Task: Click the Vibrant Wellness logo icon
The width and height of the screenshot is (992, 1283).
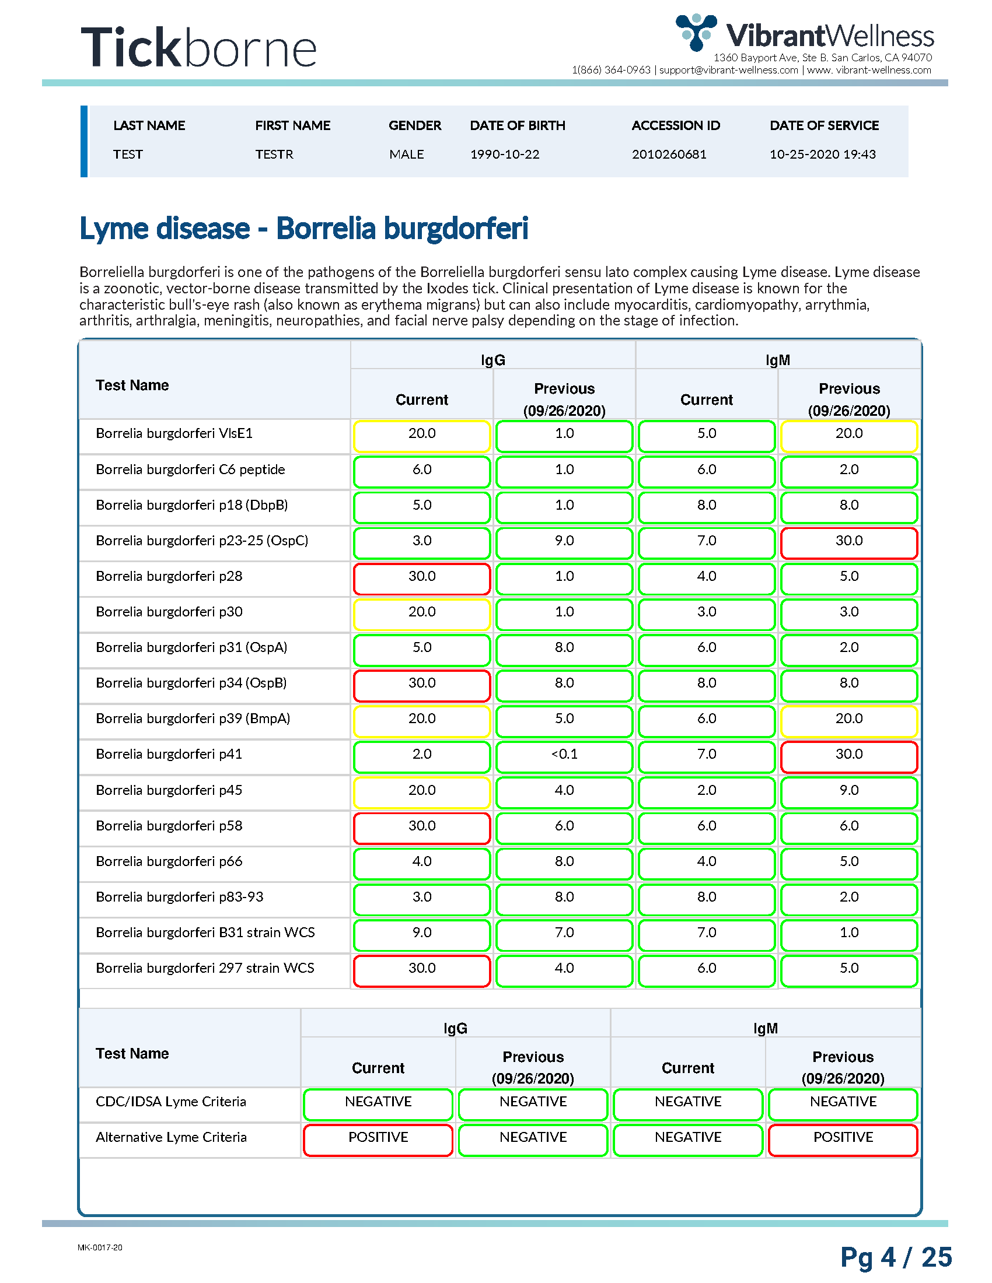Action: coord(696,31)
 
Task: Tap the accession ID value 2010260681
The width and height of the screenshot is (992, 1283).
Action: coord(669,154)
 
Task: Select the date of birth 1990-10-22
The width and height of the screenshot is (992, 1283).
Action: coord(504,154)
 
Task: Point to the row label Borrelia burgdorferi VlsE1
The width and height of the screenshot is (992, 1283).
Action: coord(174,433)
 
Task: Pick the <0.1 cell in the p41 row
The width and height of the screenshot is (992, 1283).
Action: coord(564,754)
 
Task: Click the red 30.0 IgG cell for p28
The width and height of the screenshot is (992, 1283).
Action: coord(422,577)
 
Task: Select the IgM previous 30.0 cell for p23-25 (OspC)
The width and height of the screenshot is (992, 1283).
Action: coord(849,541)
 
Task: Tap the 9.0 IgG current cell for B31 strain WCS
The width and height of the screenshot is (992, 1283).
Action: coord(422,933)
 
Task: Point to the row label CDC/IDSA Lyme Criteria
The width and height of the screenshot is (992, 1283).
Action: coord(170,1102)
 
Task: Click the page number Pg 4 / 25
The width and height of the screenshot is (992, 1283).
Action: coord(896,1257)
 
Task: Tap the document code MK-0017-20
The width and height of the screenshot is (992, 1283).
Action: coord(100,1248)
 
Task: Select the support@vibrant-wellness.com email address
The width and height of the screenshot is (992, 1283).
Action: coord(729,70)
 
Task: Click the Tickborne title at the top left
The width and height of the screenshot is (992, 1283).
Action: coord(198,47)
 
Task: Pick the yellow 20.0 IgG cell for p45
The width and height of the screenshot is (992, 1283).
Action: coord(422,791)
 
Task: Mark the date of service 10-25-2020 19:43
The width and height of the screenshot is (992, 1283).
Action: coord(823,154)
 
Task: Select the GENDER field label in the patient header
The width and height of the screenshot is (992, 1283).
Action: coord(415,125)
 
